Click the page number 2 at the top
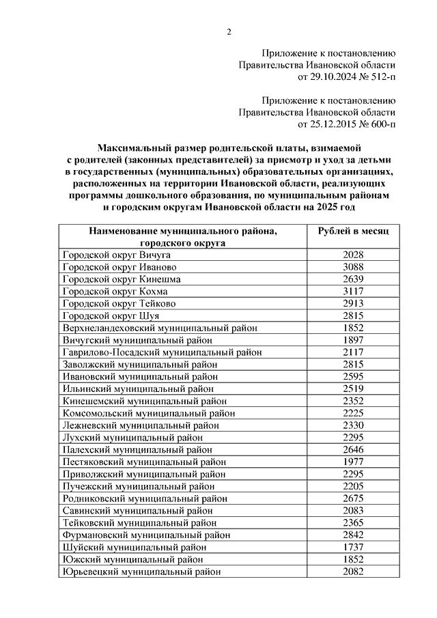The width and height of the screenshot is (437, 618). pos(229,33)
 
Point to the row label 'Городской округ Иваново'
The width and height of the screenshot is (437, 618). pos(119,266)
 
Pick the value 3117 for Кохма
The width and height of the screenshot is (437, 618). pos(353,291)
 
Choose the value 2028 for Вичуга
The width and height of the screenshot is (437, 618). pos(353,254)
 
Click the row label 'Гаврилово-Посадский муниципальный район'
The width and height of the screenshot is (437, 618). pos(163,352)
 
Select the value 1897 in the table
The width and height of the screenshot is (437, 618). pos(353,340)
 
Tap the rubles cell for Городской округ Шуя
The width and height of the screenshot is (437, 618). pos(353,315)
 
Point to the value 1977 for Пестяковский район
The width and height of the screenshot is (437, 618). pos(353,462)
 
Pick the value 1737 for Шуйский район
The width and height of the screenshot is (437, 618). pos(353,547)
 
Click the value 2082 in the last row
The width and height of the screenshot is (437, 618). pos(353,572)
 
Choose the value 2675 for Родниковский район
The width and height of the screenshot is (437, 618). pos(353,498)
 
